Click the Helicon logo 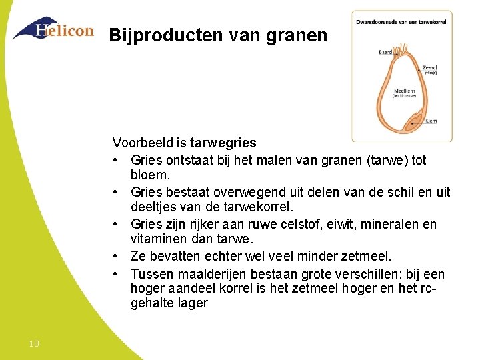coord(53,29)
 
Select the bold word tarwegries coord(223,143)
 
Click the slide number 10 coord(34,344)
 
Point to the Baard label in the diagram coord(385,51)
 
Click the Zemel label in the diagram coord(430,68)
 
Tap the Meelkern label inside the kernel coord(405,91)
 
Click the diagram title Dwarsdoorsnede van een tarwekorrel coord(401,21)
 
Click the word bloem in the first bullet coord(150,175)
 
